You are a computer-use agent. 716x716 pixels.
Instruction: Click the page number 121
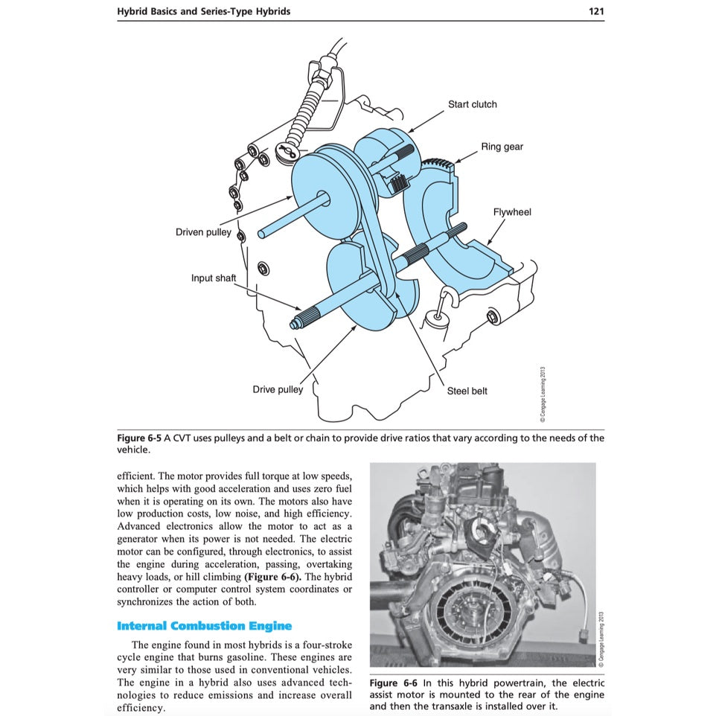click(x=595, y=11)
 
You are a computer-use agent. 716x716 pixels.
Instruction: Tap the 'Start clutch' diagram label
click(x=472, y=104)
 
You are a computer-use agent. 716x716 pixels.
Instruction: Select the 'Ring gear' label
click(x=502, y=147)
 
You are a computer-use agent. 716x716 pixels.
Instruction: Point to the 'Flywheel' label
click(x=512, y=212)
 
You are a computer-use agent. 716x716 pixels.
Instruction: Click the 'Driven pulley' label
click(x=203, y=232)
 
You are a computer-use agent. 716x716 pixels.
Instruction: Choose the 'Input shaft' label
click(x=214, y=278)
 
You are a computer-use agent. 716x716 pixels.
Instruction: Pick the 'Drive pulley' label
click(x=278, y=389)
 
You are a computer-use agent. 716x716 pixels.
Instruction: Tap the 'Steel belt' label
click(x=467, y=391)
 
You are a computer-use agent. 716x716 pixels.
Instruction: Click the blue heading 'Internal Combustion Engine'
click(x=204, y=626)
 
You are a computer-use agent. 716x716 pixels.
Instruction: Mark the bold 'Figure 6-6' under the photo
click(x=393, y=683)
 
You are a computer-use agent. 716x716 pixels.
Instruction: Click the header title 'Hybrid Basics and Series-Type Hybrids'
click(x=203, y=11)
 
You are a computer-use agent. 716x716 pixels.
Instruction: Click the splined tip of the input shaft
click(x=296, y=323)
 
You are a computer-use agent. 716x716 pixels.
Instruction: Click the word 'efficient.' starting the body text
click(x=138, y=476)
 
